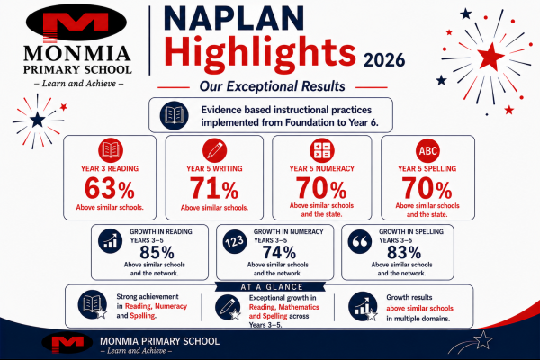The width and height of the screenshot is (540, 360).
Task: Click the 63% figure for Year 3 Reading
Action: click(110, 188)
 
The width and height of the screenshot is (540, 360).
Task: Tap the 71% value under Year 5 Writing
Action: click(214, 188)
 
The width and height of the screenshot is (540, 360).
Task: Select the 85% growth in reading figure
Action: click(157, 253)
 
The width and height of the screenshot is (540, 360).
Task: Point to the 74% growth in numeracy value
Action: click(279, 253)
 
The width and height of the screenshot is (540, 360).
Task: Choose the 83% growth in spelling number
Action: click(404, 253)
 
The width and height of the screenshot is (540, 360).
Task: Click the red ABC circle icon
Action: click(427, 150)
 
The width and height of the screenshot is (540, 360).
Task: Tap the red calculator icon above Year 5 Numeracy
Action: click(321, 150)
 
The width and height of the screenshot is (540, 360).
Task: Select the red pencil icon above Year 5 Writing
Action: click(214, 150)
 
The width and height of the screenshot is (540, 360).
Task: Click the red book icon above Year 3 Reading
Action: click(111, 150)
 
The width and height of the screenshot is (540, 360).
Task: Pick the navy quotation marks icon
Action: click(359, 241)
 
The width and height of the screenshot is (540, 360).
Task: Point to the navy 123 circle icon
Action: click(235, 241)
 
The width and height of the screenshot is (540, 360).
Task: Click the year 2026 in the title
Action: click(384, 60)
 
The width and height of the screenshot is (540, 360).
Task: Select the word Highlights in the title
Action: click(260, 51)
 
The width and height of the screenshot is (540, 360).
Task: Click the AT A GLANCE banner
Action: click(271, 286)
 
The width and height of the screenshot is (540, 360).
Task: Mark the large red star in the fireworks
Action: click(490, 57)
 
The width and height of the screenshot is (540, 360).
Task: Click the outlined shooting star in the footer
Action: click(482, 339)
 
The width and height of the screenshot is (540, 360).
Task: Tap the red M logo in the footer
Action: click(67, 343)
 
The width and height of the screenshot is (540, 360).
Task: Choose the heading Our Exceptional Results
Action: click(273, 86)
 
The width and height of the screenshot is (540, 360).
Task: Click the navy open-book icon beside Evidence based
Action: click(175, 115)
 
